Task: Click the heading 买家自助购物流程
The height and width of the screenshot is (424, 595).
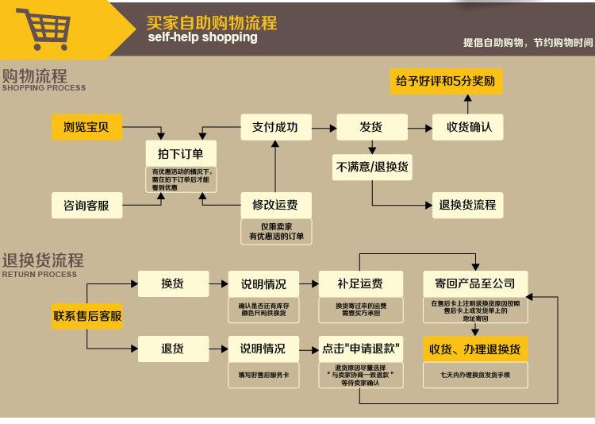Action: coord(212,22)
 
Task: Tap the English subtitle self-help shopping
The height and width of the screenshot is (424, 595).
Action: coord(202,37)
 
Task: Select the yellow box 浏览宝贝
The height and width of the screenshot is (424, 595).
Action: coord(86,126)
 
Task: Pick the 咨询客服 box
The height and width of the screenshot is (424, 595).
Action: coord(86,206)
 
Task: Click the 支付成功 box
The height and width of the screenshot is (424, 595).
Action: coord(274,126)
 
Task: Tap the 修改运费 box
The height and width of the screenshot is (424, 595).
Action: coord(274,204)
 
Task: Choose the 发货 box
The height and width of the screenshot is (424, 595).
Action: coord(371,126)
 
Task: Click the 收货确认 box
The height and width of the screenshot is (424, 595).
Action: coord(469,126)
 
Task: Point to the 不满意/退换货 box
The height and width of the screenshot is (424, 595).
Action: coord(371,166)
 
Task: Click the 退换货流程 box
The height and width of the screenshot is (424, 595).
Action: coord(467,204)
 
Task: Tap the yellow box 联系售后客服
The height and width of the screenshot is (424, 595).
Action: coord(87,315)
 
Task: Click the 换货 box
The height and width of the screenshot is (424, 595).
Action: coord(172,283)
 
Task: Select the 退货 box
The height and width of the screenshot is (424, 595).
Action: coord(172,349)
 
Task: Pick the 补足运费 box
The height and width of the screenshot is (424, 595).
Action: coord(360,283)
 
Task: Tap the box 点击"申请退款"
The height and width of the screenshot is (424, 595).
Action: coord(360,349)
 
